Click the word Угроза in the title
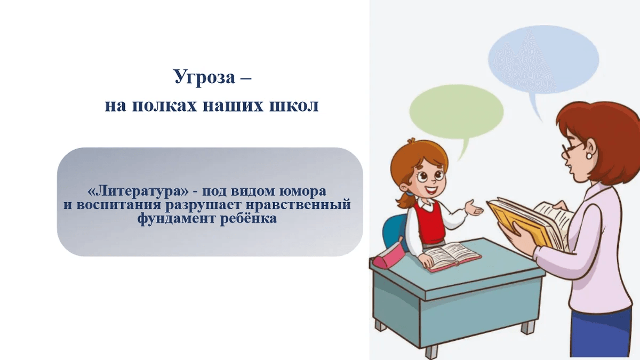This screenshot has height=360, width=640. (x=204, y=78)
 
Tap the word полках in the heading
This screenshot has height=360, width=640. (x=162, y=105)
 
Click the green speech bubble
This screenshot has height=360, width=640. (x=456, y=112)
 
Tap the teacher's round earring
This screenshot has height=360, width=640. (x=590, y=156)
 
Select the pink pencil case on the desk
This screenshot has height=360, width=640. (x=387, y=257)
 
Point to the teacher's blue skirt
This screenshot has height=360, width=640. (x=602, y=333)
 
